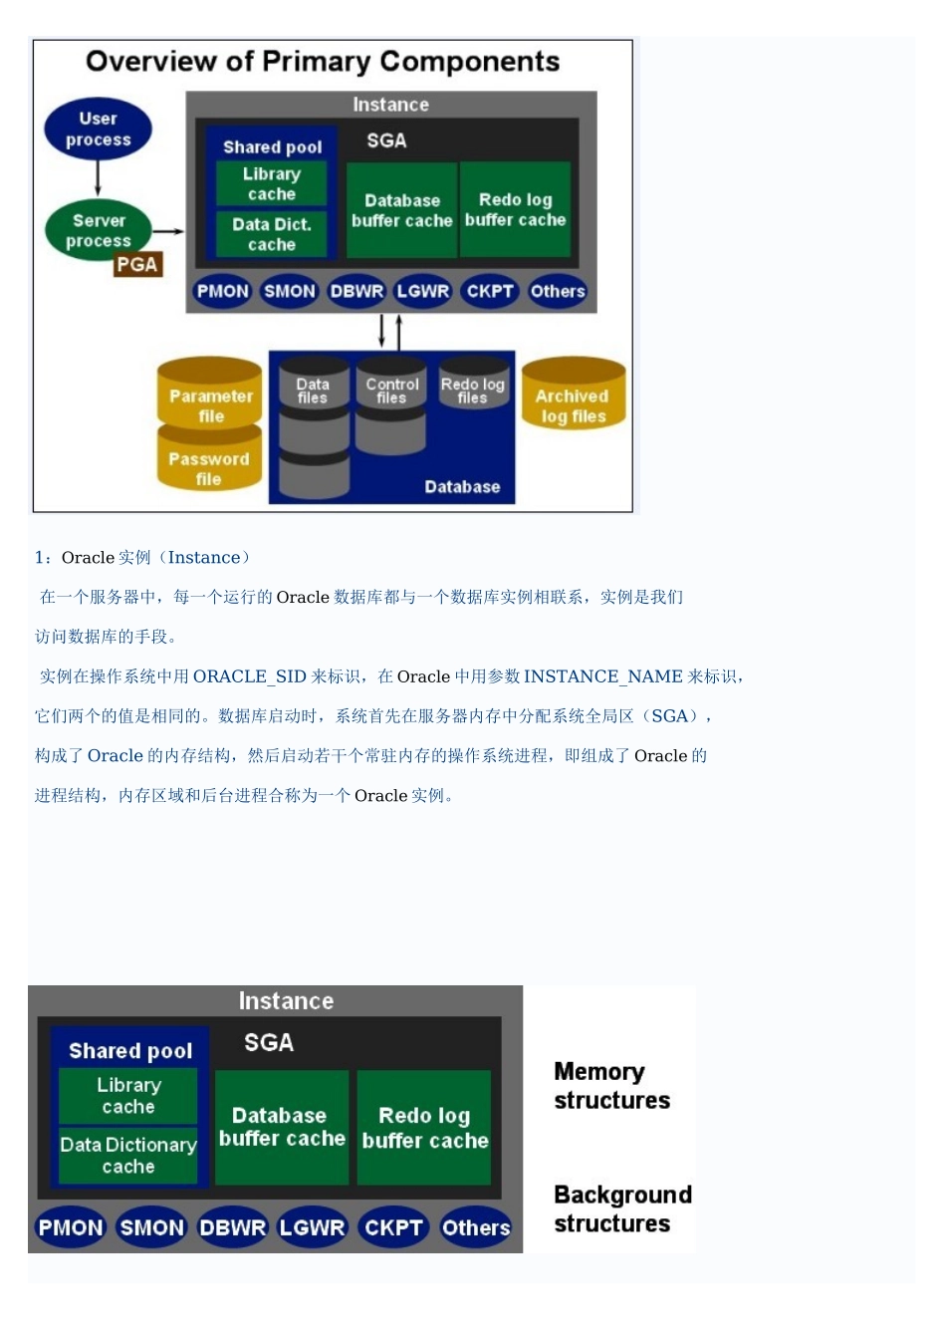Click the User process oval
coord(98,130)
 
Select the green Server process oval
coord(98,230)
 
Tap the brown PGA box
coord(137,265)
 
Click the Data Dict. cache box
coord(272,234)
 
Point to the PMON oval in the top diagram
coord(222,291)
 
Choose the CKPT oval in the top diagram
coord(490,291)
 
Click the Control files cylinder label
coord(391,391)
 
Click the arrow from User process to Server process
coord(98,179)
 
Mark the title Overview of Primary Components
coord(323,62)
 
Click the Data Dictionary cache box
coord(128,1155)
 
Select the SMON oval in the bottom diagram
coord(151,1227)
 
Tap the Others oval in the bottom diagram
coord(476,1227)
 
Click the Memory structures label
coord(611,1086)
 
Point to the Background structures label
coord(621,1208)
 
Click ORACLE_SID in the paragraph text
coord(249,676)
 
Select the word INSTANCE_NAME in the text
coord(602,676)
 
